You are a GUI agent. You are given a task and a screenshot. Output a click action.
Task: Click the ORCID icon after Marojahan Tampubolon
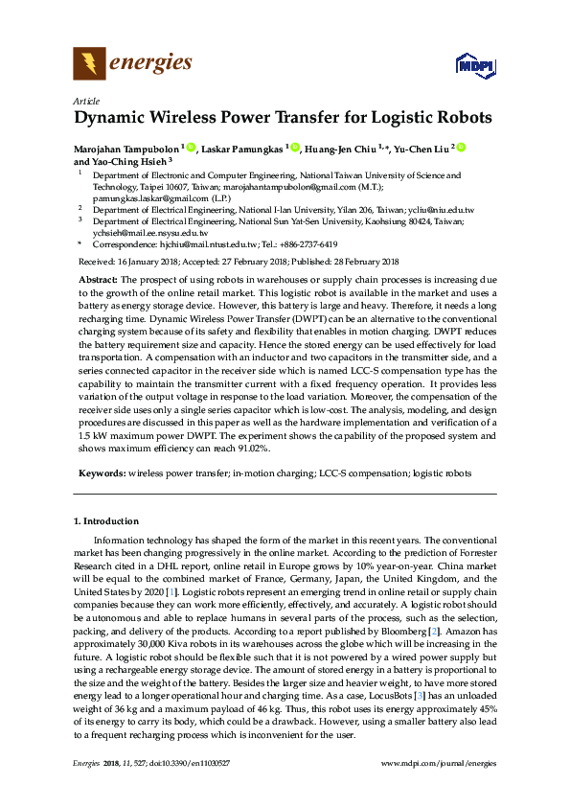pyautogui.click(x=191, y=149)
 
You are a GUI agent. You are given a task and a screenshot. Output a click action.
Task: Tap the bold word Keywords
pyautogui.click(x=101, y=473)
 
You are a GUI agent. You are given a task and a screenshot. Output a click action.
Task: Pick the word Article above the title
pyautogui.click(x=86, y=101)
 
